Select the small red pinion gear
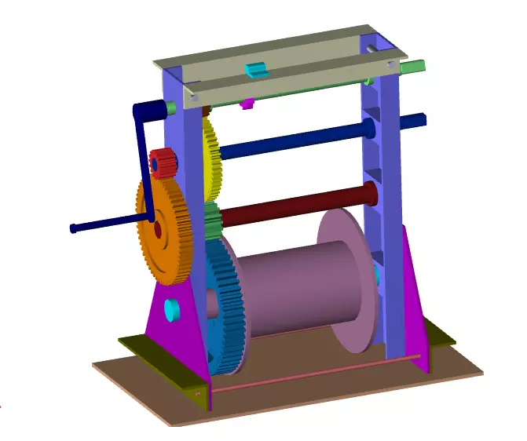(x=163, y=164)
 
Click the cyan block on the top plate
(x=257, y=71)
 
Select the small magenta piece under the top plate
(x=247, y=104)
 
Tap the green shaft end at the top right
(x=413, y=67)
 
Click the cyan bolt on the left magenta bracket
(x=172, y=309)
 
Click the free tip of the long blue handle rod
(x=74, y=228)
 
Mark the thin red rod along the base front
(x=314, y=375)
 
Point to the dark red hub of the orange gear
(x=158, y=230)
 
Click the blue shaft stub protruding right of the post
(x=413, y=120)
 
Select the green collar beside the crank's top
(x=170, y=108)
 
